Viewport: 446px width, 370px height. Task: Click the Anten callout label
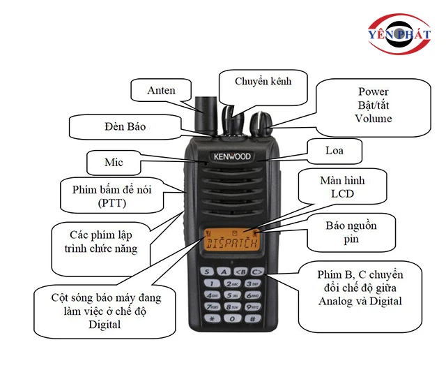(x=161, y=90)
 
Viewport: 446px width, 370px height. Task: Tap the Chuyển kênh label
(x=263, y=81)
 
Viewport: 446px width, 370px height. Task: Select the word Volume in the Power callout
(x=374, y=118)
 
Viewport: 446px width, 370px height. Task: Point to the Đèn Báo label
(x=125, y=126)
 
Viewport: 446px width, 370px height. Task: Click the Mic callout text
(x=114, y=162)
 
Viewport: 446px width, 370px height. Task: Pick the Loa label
(x=334, y=151)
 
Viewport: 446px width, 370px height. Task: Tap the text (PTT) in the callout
(x=112, y=203)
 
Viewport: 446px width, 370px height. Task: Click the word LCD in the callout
(x=342, y=194)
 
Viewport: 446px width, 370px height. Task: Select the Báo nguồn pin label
(x=351, y=232)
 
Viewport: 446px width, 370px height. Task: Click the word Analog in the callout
(x=335, y=302)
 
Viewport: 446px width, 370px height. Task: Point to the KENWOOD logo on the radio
(x=232, y=156)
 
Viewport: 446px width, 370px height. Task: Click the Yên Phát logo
(x=399, y=34)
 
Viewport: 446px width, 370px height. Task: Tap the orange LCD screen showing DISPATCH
(x=231, y=239)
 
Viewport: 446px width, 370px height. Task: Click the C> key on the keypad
(x=257, y=272)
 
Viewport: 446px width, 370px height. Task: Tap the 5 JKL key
(x=232, y=295)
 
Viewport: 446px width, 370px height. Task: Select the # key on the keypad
(x=252, y=319)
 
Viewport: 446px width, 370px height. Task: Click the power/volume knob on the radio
(x=261, y=124)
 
